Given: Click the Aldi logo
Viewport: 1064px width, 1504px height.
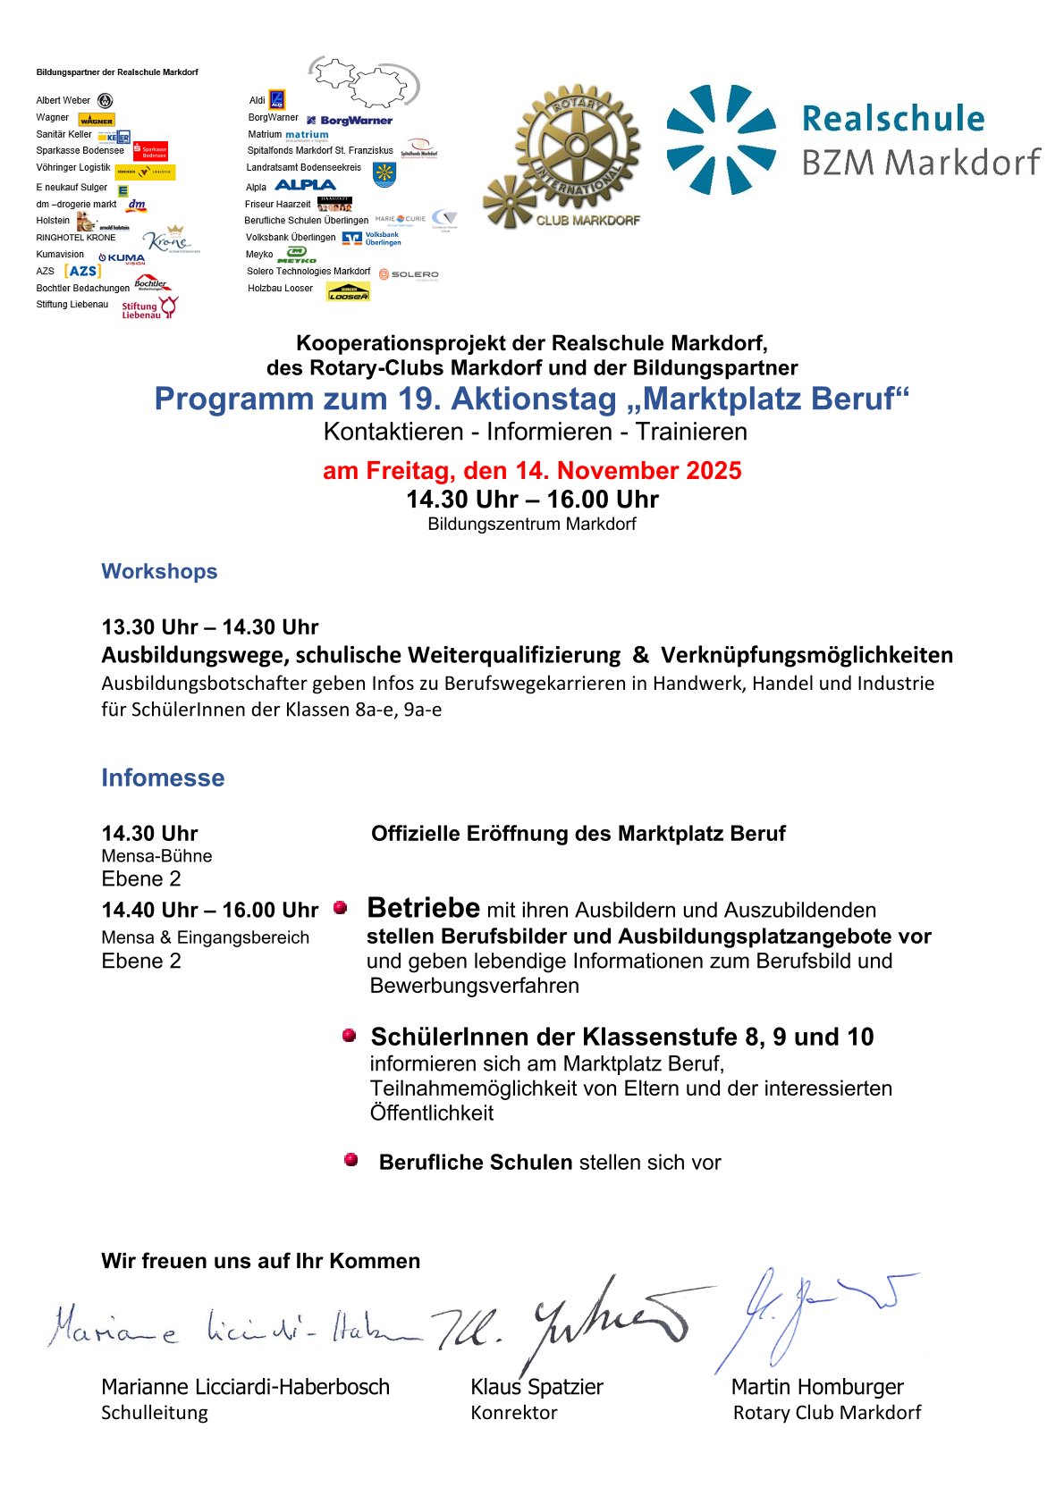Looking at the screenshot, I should click(x=277, y=99).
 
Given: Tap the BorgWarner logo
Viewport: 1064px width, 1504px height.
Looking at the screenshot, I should click(x=350, y=120).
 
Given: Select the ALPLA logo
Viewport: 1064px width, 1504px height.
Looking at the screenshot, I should click(x=305, y=185).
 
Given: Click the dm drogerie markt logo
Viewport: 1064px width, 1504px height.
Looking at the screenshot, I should click(x=136, y=205).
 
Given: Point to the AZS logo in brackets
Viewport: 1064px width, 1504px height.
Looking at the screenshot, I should click(x=82, y=271).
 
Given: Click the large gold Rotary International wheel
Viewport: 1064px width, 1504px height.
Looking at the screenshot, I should click(x=578, y=147).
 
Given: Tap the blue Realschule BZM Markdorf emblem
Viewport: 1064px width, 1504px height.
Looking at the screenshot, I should click(x=721, y=139).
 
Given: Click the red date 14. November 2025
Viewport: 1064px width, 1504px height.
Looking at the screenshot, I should click(x=532, y=471).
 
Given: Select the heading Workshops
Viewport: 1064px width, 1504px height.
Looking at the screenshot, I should click(x=159, y=571).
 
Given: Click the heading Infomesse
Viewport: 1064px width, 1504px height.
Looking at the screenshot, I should click(x=163, y=777).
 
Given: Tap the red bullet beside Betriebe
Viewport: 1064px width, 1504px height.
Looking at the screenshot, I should click(x=340, y=907).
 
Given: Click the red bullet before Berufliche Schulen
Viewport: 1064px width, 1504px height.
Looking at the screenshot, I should click(x=351, y=1160).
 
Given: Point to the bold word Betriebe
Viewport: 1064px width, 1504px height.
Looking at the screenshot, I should click(x=423, y=908).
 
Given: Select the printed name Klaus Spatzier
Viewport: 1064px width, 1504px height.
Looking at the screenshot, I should click(x=536, y=1387).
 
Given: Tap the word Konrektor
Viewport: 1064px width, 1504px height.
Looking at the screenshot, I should click(x=514, y=1413).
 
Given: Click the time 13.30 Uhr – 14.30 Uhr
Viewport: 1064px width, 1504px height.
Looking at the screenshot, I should click(x=209, y=627).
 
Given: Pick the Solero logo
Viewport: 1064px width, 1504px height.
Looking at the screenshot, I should click(x=409, y=274).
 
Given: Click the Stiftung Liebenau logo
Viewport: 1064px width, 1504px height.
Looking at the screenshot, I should click(x=149, y=308).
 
